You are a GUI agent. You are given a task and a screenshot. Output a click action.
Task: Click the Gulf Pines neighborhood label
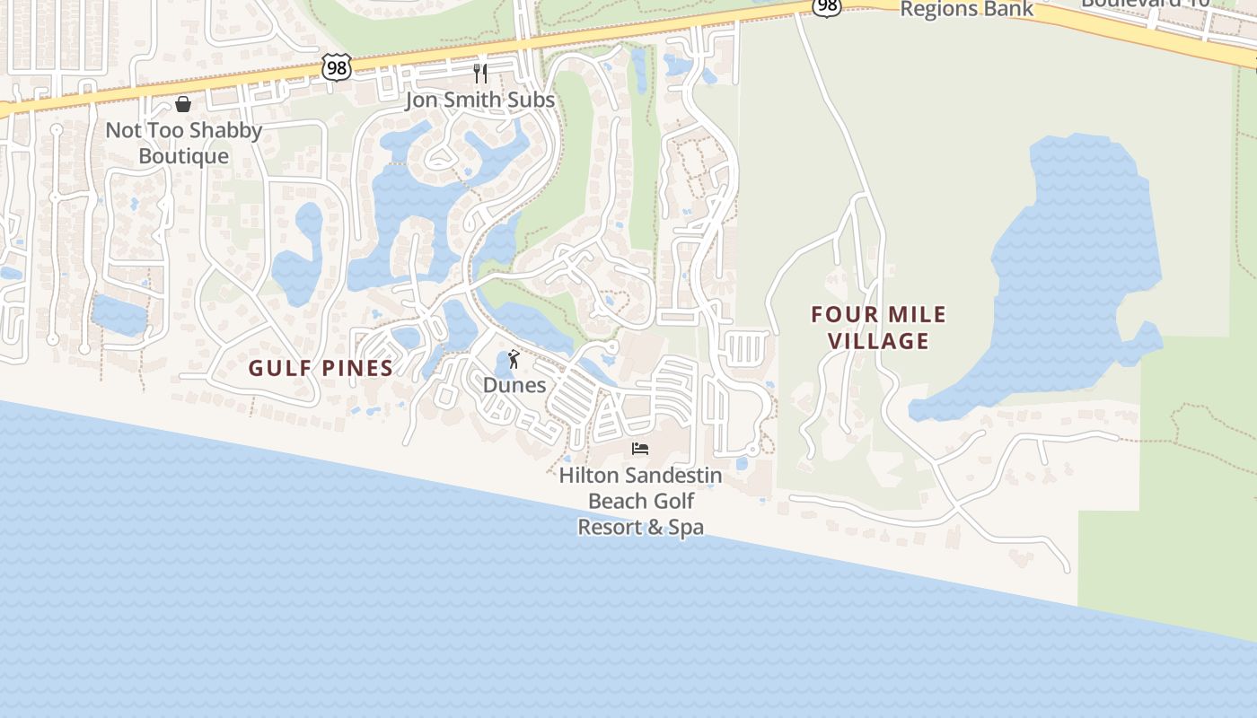[321, 368]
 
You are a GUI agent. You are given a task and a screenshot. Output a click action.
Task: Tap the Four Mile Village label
[878, 328]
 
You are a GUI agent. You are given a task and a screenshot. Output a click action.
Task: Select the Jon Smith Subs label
[479, 100]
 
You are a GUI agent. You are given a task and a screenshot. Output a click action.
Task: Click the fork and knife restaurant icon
[480, 73]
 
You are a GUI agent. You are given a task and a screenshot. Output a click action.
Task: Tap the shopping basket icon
[183, 104]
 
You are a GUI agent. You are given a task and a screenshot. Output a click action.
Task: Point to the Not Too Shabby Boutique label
[184, 143]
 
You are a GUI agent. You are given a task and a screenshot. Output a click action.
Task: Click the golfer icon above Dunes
[514, 360]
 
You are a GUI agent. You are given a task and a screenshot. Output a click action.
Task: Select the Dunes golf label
[514, 385]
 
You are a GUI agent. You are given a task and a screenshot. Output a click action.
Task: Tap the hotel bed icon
[640, 449]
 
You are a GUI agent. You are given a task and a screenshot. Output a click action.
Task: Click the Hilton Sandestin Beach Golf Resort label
[640, 501]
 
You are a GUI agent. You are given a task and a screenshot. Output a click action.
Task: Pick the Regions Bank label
[967, 9]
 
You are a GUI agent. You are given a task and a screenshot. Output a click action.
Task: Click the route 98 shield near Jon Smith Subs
[337, 67]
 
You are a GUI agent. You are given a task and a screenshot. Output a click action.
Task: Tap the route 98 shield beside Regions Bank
[827, 5]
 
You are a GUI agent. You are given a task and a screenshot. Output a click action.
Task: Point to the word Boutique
[184, 156]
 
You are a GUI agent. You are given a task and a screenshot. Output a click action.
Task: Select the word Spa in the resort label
[686, 527]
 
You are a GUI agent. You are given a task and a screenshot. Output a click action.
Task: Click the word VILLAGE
[878, 341]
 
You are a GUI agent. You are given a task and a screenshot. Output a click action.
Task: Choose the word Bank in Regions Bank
[1008, 9]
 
